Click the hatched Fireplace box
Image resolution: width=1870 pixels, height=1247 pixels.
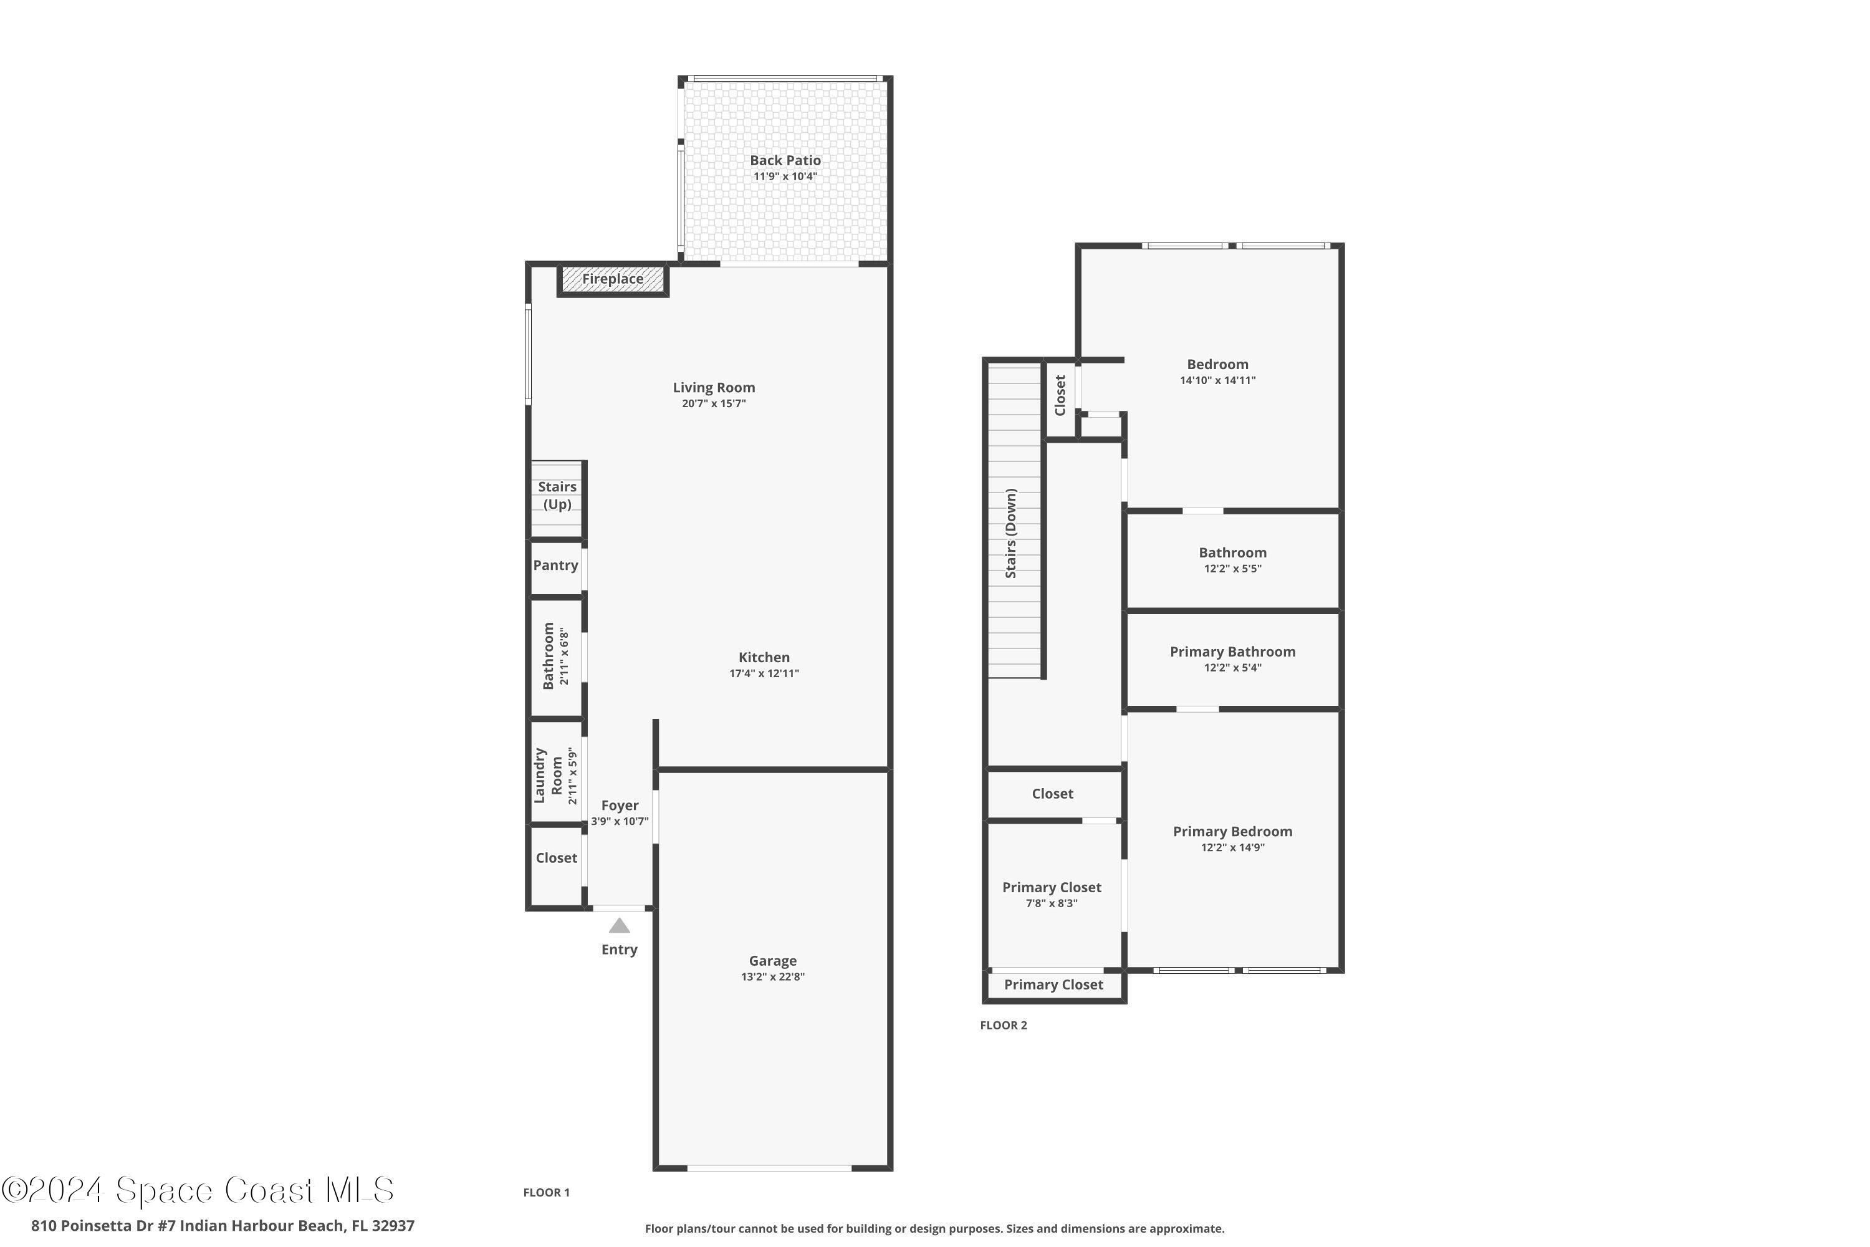tap(612, 279)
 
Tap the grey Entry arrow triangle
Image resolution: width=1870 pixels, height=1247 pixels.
tap(620, 926)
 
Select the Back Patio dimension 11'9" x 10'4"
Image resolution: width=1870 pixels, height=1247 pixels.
tap(785, 176)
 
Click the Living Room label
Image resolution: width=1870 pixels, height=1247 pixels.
tap(713, 387)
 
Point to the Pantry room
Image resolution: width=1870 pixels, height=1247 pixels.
tap(556, 566)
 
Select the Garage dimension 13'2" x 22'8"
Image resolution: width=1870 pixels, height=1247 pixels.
tap(772, 976)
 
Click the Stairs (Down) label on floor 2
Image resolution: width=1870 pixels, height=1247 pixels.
tap(1010, 533)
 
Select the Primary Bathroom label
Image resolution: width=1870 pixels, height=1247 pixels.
tap(1232, 652)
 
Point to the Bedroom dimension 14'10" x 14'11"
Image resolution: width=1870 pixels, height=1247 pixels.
tap(1217, 381)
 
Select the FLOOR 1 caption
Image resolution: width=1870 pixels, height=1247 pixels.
tap(546, 1192)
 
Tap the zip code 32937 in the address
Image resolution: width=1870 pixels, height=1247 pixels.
tap(393, 1226)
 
